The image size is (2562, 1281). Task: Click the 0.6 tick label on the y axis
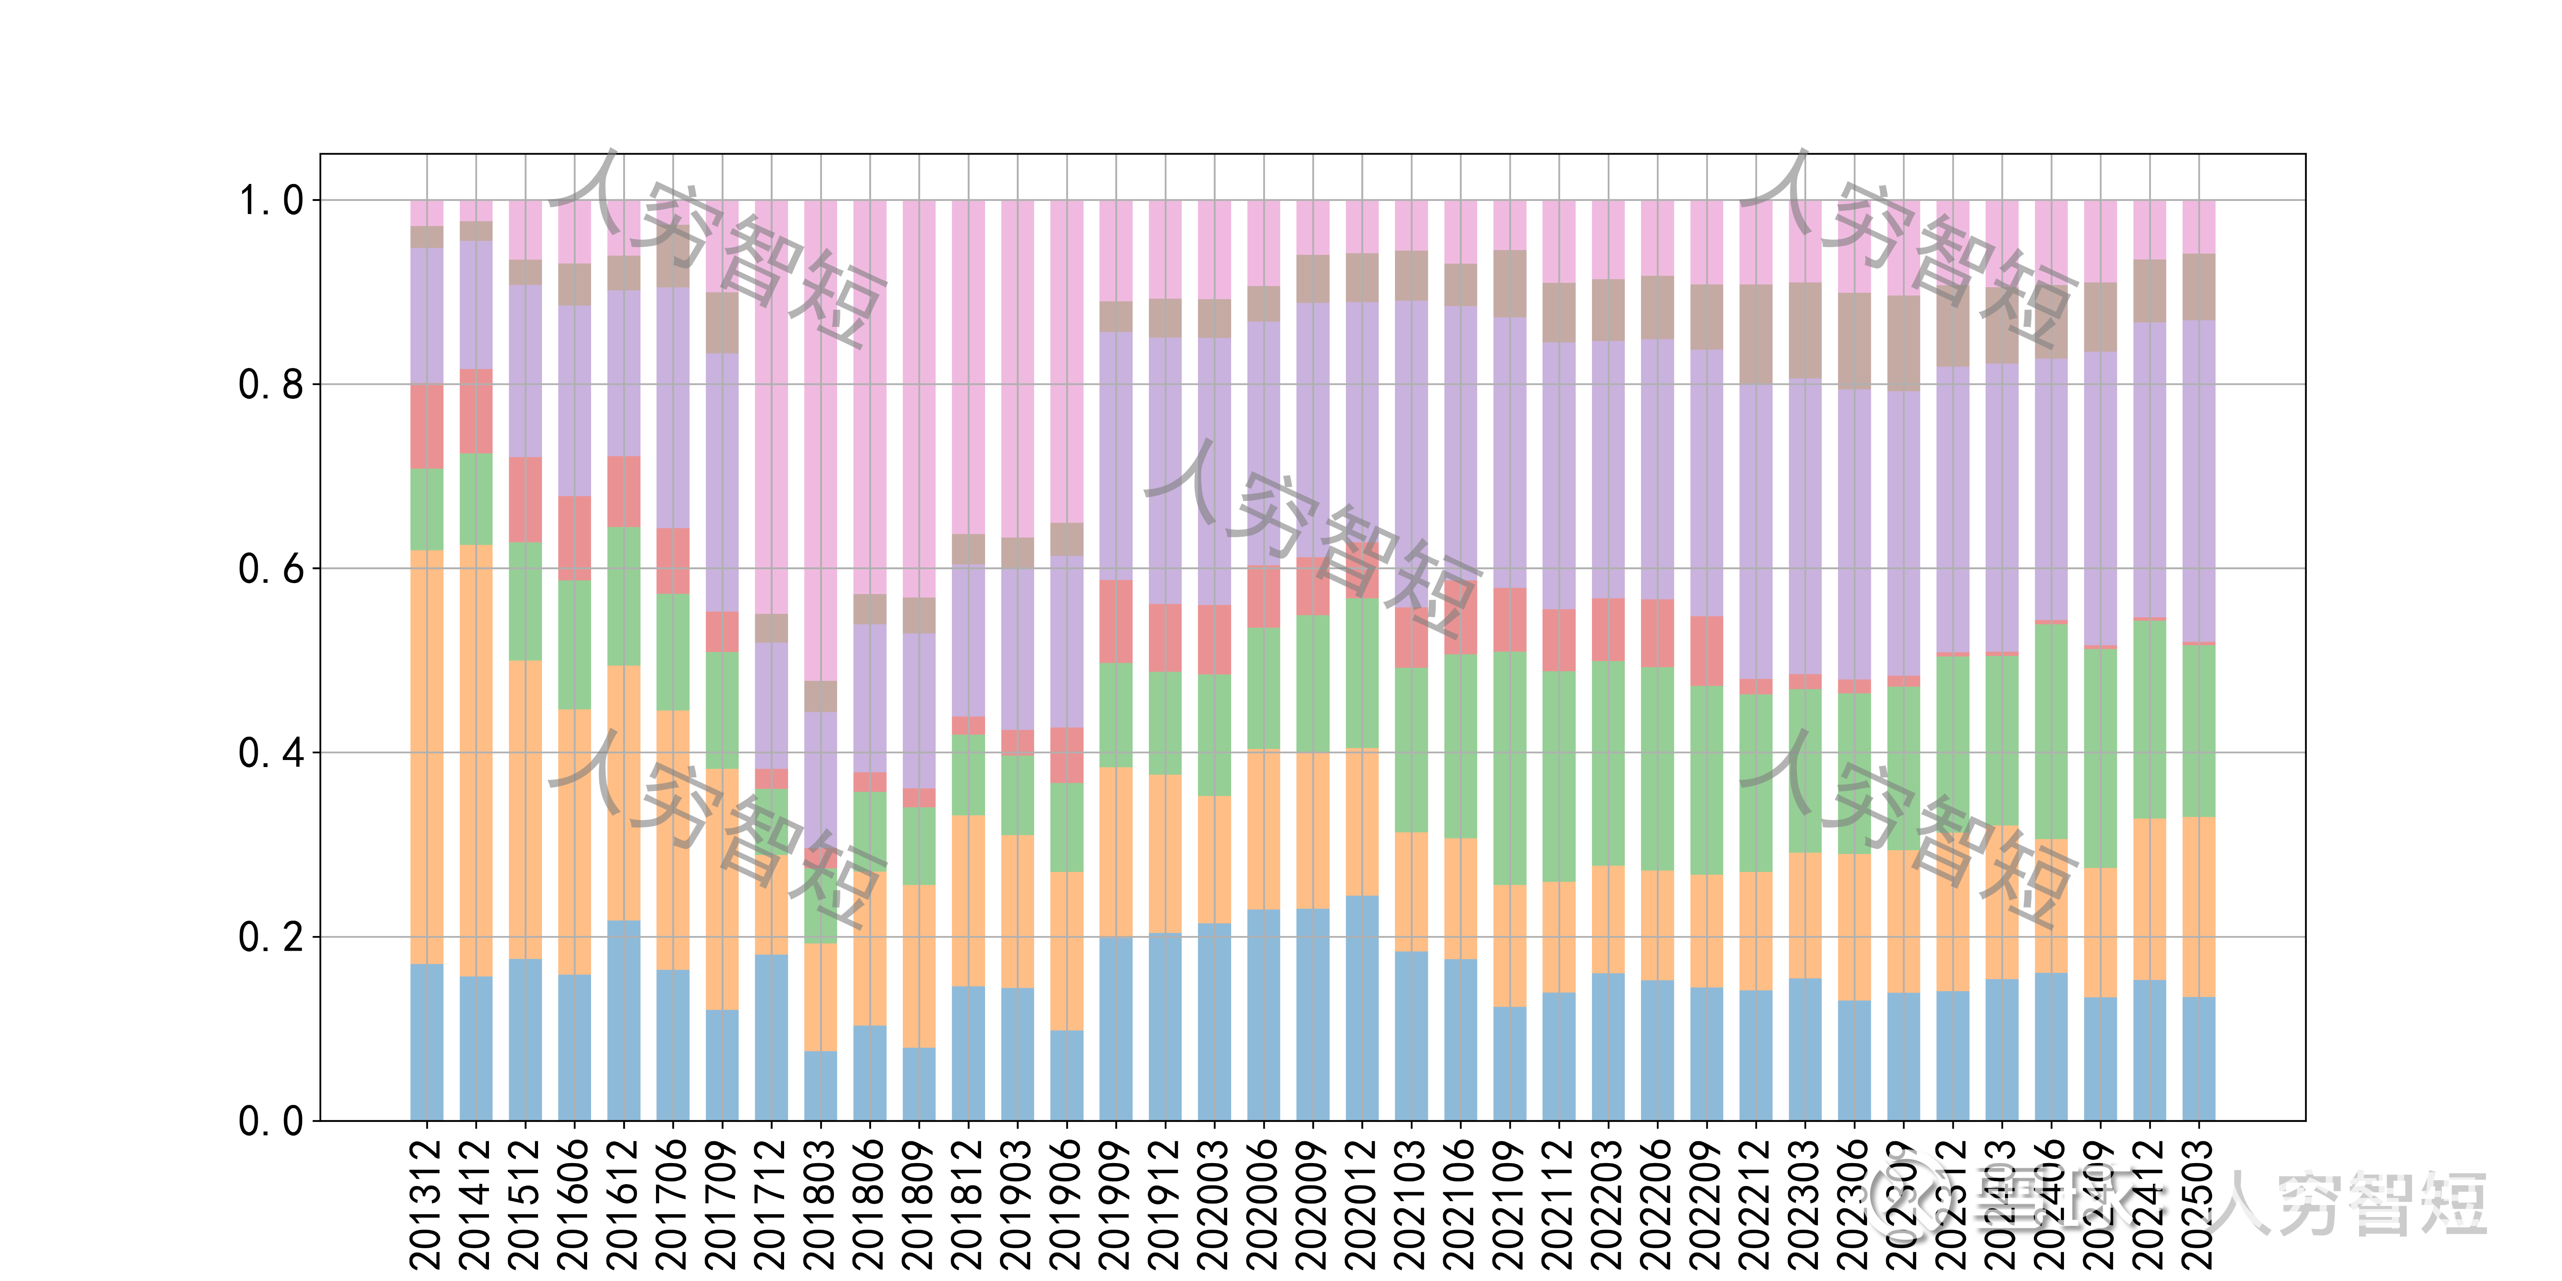[271, 569]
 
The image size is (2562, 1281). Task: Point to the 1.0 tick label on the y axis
[271, 201]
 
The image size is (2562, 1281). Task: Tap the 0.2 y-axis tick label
[271, 937]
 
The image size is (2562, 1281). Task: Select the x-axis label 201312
[426, 1203]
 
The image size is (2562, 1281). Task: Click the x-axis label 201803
[821, 1203]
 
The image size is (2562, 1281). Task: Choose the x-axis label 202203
[1608, 1203]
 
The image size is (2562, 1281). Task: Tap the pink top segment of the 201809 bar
[919, 398]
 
